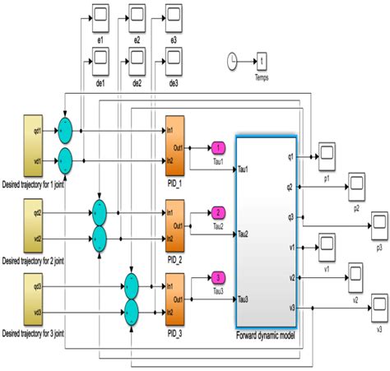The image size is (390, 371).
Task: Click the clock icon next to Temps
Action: pos(233,59)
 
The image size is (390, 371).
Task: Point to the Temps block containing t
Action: pos(261,60)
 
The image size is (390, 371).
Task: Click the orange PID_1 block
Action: pos(175,139)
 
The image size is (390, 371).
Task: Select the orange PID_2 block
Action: pos(175,225)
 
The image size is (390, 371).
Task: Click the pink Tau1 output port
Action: pos(218,148)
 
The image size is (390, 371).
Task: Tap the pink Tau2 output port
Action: pos(218,212)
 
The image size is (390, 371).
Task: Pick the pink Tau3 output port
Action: pos(218,276)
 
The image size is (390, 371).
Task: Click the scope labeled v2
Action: pos(355,273)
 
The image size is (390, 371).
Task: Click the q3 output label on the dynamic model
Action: pos(290,216)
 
